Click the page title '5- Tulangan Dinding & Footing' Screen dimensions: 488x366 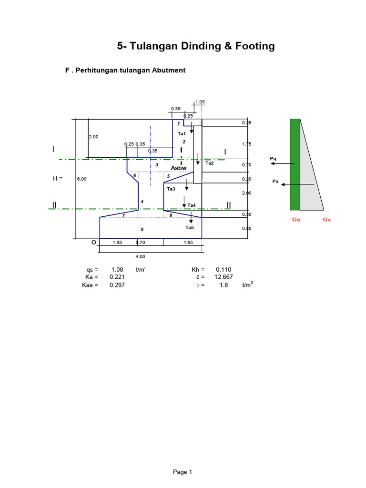(x=196, y=46)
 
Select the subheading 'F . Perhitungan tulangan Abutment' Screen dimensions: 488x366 (x=125, y=70)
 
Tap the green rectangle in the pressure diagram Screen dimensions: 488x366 (x=295, y=164)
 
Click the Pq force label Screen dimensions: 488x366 (x=273, y=158)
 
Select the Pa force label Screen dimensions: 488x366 (x=274, y=181)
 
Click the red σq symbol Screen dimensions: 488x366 (x=295, y=220)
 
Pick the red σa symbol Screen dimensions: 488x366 (x=326, y=220)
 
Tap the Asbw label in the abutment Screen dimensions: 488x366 (x=178, y=167)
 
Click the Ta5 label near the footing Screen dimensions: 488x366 (x=190, y=227)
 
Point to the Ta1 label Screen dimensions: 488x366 (x=182, y=134)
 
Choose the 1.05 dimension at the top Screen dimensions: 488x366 (x=199, y=102)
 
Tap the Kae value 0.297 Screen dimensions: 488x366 (x=117, y=285)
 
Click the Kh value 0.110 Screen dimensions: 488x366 (x=224, y=269)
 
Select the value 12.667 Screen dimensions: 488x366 (x=224, y=277)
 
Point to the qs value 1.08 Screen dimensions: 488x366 (x=117, y=269)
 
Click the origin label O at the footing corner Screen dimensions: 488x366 (x=94, y=242)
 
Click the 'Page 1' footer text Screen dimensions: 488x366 (x=183, y=472)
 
